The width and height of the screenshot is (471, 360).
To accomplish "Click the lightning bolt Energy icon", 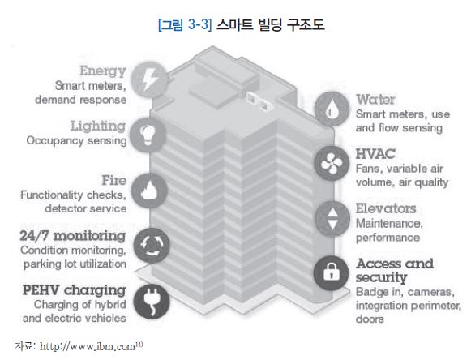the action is [x=149, y=80].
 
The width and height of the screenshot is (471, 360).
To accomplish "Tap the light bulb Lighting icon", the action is [x=148, y=135].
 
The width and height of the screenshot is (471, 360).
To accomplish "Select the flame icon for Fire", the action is [x=149, y=191].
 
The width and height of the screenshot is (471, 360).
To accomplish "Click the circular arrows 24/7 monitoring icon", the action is [x=152, y=246].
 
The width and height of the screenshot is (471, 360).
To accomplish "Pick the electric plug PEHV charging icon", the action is [x=152, y=302].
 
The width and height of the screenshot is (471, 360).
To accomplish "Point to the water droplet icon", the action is [x=332, y=109].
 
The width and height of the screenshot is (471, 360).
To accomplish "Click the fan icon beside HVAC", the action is [x=332, y=164].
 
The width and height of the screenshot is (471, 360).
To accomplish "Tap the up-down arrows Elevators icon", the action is [x=332, y=218].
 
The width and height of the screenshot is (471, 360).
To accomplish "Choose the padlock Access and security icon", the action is [x=332, y=273].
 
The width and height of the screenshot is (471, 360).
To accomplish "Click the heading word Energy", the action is [x=103, y=71].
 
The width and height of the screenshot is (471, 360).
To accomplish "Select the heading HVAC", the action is [x=375, y=154].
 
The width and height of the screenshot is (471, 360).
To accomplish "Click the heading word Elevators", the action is [x=386, y=208].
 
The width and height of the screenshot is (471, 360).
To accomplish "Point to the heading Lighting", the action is [x=98, y=126].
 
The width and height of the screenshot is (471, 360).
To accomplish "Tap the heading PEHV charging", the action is [x=74, y=290].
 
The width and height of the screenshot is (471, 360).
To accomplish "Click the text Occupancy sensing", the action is [x=76, y=140].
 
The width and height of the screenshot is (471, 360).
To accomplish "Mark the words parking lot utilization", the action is [x=75, y=264].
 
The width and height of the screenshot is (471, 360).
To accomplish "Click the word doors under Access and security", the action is [x=370, y=319].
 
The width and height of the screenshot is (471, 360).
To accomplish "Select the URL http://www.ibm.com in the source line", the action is [x=88, y=347].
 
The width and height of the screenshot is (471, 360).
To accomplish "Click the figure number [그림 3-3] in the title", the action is [x=185, y=24].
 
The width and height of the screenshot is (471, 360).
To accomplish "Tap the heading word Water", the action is [x=375, y=100].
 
